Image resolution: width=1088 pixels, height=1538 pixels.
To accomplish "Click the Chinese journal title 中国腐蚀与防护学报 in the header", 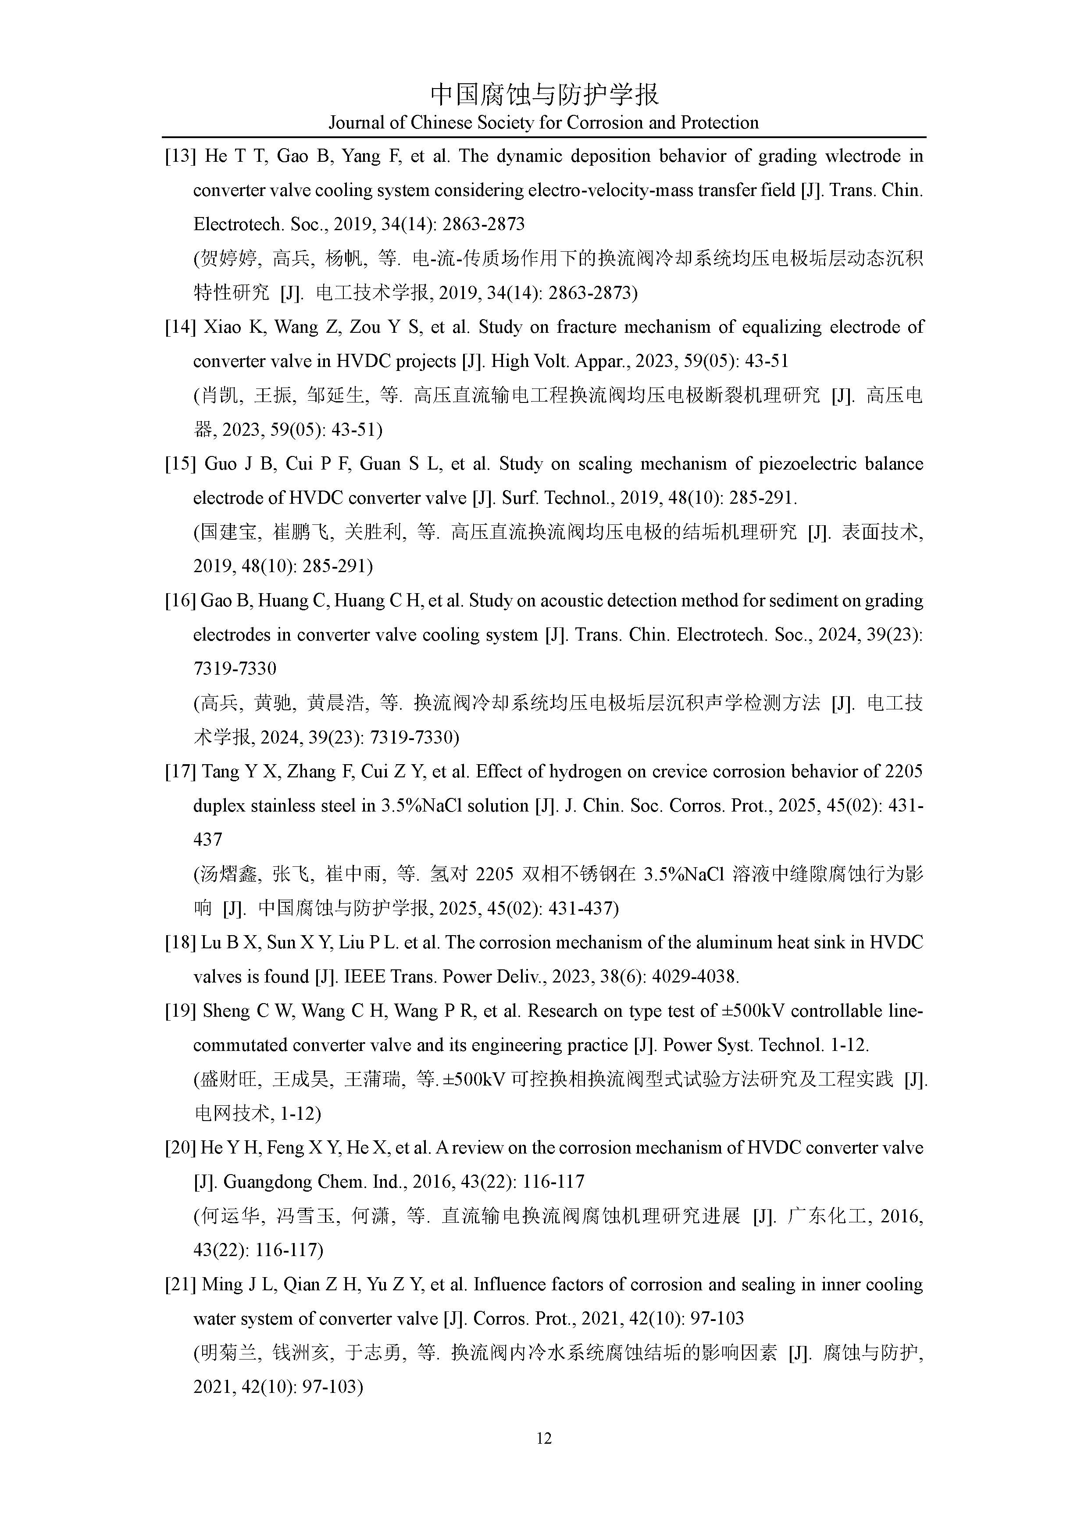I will (544, 94).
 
